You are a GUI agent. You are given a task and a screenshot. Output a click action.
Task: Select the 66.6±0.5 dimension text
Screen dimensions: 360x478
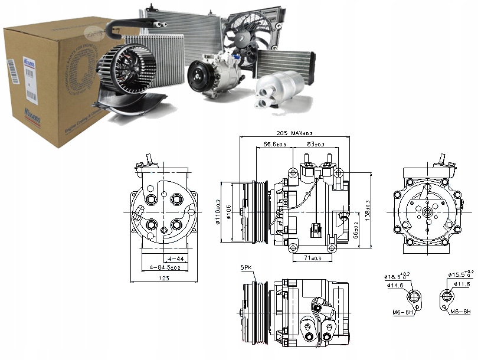(274, 144)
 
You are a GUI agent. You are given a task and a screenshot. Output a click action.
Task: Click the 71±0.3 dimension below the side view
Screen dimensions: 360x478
(312, 258)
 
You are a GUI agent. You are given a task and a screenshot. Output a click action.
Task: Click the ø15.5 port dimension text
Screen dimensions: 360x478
(461, 275)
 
